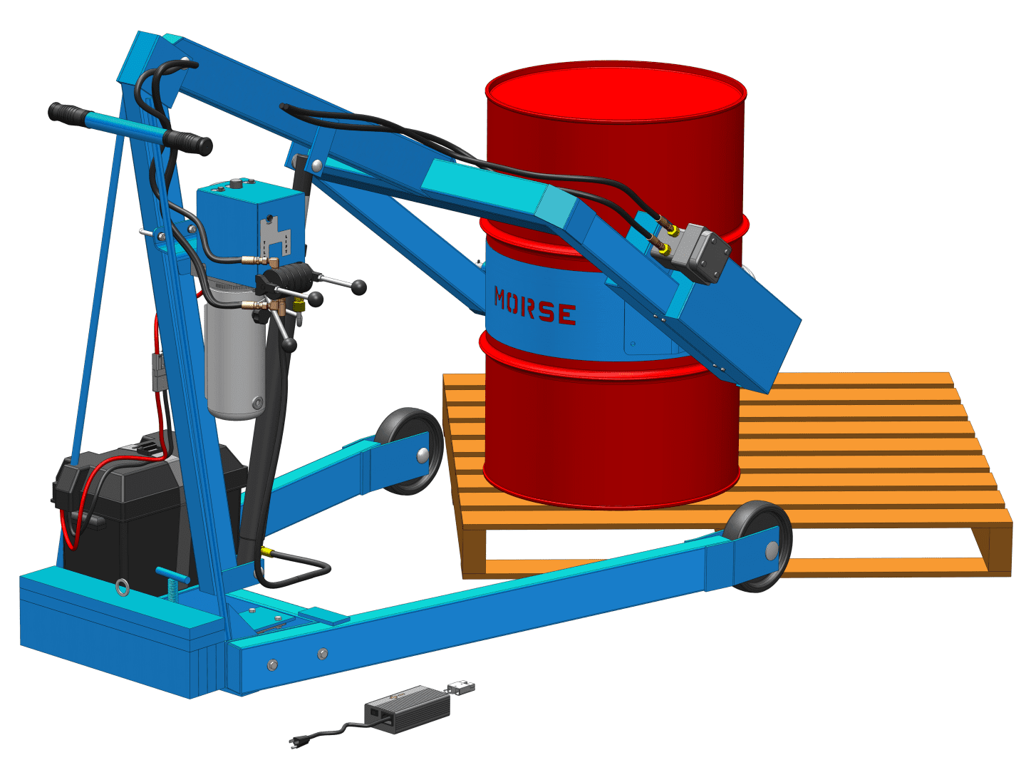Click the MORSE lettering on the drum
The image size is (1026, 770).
pyautogui.click(x=535, y=307)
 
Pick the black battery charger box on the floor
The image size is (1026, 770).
pyautogui.click(x=407, y=709)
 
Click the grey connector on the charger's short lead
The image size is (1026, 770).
pyautogui.click(x=461, y=688)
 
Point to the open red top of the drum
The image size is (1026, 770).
pyautogui.click(x=616, y=93)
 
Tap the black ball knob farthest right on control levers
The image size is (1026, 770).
pyautogui.click(x=359, y=287)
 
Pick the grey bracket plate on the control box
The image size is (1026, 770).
pyautogui.click(x=276, y=235)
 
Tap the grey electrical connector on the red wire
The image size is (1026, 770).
pyautogui.click(x=158, y=371)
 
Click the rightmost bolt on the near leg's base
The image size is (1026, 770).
pyautogui.click(x=323, y=654)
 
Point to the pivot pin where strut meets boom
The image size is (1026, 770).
pyautogui.click(x=316, y=167)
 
